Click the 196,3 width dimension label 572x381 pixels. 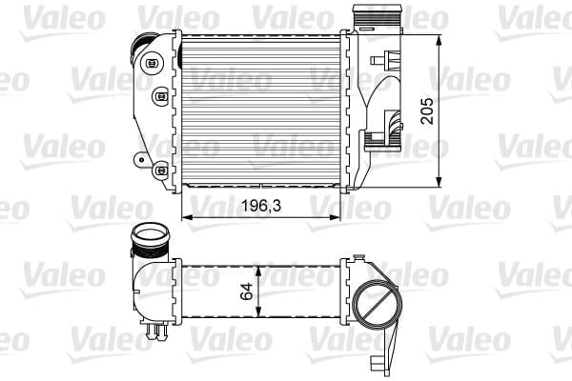[x=261, y=206]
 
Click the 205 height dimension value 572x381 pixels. [x=427, y=110]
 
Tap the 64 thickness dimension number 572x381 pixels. [x=247, y=291]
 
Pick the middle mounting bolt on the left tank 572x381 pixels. [x=160, y=96]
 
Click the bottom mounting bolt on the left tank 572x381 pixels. [x=160, y=170]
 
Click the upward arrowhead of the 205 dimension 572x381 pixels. [x=439, y=40]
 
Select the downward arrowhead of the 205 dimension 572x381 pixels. [x=439, y=182]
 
